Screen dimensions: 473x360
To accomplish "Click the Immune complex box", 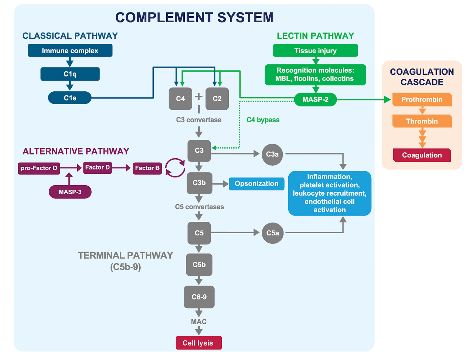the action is coord(70,51).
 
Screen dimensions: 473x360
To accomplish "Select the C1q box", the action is coord(70,74).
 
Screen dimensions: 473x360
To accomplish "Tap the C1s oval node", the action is coord(70,98).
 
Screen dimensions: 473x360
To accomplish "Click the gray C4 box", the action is coord(180,99).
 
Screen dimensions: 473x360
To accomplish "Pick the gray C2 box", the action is coord(217,99).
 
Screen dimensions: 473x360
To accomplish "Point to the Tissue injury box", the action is coord(316,51).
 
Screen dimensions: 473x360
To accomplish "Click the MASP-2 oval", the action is coord(316,99).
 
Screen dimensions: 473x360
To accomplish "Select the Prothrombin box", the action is coord(422,99).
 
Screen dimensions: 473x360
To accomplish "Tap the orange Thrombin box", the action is coord(422,121).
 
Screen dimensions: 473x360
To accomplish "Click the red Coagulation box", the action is coord(422,155).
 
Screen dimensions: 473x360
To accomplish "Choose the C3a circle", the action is coord(272,154).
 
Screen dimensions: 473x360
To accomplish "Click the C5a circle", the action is coord(273,233).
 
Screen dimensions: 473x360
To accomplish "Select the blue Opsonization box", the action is coord(256,184).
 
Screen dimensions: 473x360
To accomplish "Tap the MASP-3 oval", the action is coord(70,192).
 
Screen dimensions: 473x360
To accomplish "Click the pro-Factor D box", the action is coord(39,168).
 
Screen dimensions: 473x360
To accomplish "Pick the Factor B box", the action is coord(147,168).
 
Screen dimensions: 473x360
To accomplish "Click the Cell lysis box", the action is coord(199,343).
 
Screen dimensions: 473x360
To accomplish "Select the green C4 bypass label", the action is coord(263,120).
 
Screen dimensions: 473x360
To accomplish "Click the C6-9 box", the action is coord(199,297).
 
